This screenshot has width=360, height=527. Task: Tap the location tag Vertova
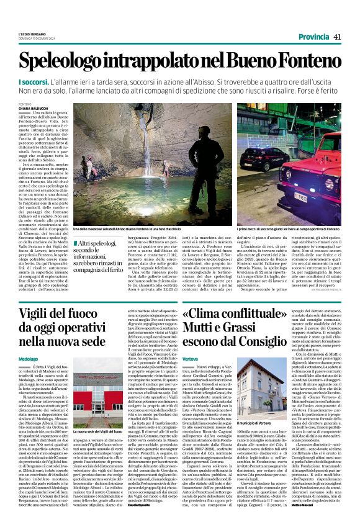[x=191, y=359]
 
